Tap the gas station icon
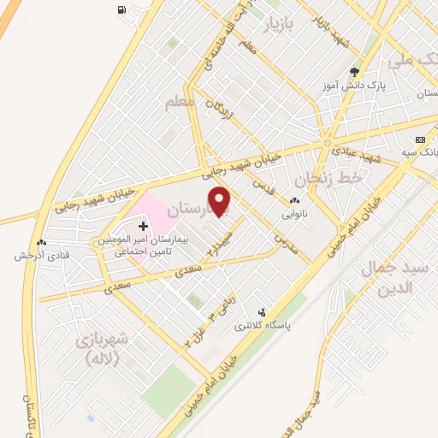click(x=121, y=11)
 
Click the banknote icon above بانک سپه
click(x=419, y=139)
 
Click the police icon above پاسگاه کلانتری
click(x=262, y=312)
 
